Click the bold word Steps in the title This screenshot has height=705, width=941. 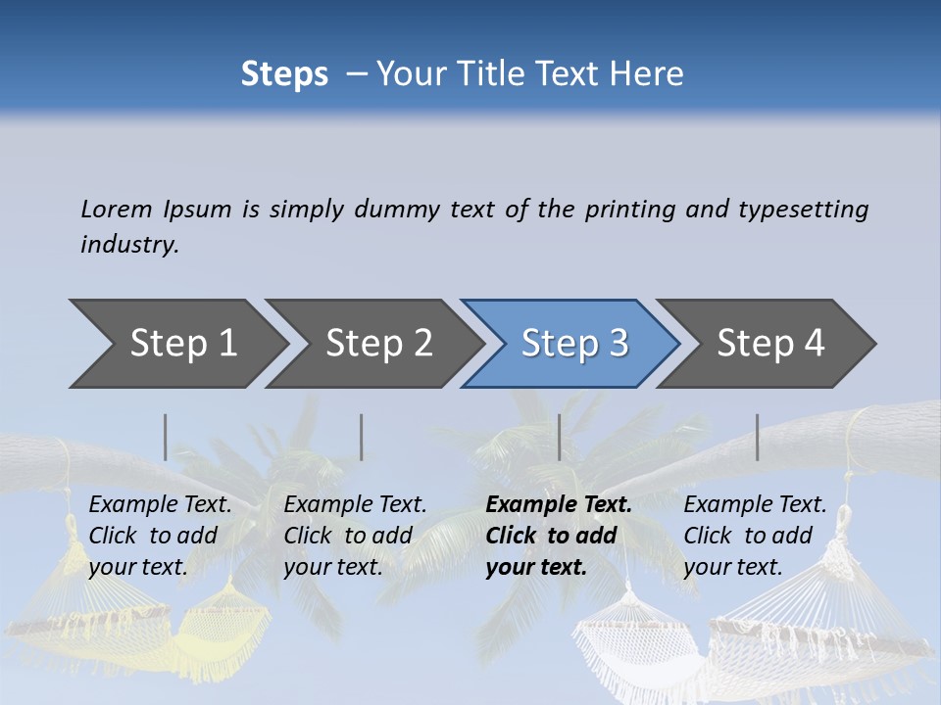click(x=284, y=74)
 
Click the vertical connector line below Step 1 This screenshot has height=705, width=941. click(x=166, y=437)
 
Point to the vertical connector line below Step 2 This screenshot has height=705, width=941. click(x=362, y=437)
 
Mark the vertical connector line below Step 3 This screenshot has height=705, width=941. click(x=559, y=437)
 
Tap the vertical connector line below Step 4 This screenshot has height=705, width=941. click(x=757, y=437)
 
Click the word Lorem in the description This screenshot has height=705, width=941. click(x=117, y=209)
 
